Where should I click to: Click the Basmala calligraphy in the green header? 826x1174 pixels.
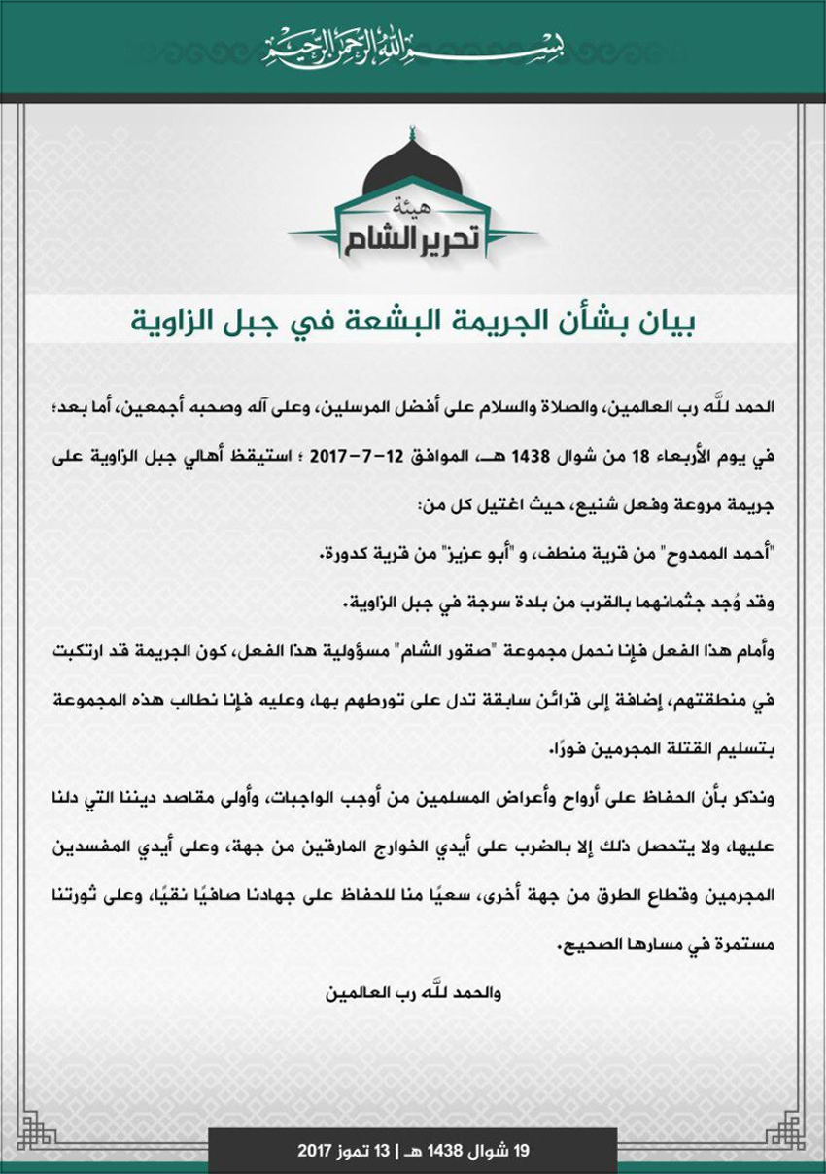point(413,46)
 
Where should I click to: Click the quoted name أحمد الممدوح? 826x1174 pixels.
point(718,557)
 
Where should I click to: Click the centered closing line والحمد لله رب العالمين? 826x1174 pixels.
point(413,993)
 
